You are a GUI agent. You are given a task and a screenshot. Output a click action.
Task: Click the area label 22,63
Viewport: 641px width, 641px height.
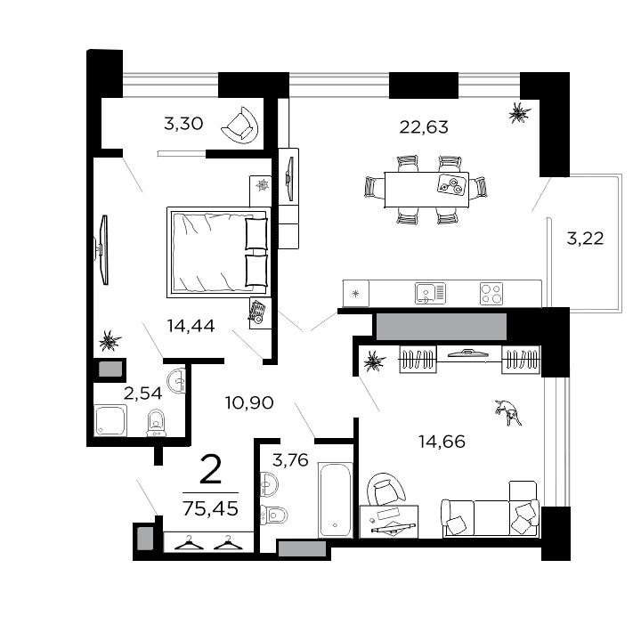click(424, 126)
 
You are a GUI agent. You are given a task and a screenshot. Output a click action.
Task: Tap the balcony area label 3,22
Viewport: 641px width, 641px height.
click(585, 238)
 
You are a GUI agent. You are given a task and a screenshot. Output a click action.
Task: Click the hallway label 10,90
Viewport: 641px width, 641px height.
click(249, 402)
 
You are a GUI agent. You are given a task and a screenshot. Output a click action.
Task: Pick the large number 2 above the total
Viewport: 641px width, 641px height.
click(210, 468)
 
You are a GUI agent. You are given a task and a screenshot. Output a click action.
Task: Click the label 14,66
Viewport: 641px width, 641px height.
click(442, 440)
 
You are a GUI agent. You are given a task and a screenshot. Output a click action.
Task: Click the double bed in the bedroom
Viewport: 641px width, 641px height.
click(218, 252)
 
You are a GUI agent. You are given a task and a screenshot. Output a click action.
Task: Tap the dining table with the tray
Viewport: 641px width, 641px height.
click(426, 188)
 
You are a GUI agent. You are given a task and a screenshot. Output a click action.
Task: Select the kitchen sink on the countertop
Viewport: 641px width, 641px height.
click(428, 292)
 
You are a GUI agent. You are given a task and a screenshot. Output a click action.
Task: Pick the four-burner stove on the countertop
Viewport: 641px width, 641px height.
click(491, 292)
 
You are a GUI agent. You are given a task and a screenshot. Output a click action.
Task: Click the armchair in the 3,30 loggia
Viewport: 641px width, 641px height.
click(239, 126)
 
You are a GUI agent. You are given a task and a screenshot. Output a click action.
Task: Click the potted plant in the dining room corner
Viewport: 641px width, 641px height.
click(518, 112)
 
